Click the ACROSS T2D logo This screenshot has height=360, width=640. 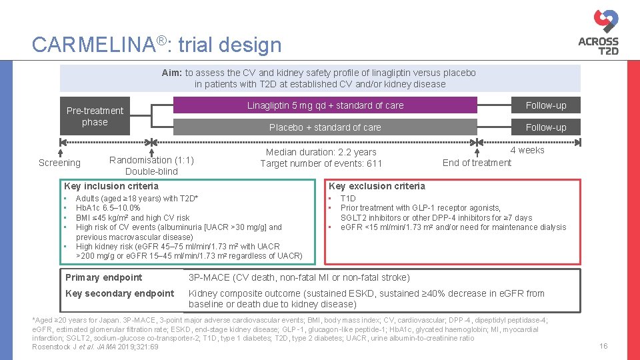[598, 33]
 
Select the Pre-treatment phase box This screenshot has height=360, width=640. [95, 116]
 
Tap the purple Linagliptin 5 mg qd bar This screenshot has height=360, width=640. [325, 105]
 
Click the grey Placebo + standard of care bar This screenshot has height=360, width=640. [325, 127]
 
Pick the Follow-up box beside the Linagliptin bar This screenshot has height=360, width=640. [545, 105]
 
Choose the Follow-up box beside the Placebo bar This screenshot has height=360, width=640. [545, 127]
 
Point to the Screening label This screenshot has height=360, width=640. [59, 163]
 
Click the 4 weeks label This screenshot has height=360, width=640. [527, 150]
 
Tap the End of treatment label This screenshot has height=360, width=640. [477, 163]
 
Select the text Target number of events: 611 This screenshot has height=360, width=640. [321, 163]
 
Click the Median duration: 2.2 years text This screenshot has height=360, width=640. [321, 152]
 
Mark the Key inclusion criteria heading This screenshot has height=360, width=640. [111, 186]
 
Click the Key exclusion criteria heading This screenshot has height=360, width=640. [377, 186]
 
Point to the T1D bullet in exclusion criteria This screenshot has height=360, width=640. [348, 199]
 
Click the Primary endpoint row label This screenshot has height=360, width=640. [104, 277]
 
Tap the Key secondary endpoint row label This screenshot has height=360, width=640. [120, 293]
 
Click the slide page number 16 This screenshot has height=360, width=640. [603, 346]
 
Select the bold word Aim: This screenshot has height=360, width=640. [172, 73]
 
